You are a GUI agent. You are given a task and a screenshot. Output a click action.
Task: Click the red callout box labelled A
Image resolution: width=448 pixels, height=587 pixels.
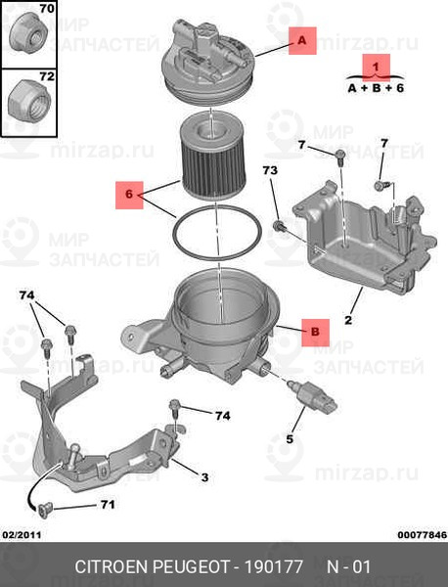pos(302,41)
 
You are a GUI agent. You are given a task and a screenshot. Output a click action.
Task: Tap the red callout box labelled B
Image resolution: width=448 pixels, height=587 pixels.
pos(316,333)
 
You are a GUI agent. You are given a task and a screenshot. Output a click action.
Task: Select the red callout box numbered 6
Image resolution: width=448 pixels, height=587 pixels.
pos(129,195)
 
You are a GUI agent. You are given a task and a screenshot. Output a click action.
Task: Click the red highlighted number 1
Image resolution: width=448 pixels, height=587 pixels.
pos(377,68)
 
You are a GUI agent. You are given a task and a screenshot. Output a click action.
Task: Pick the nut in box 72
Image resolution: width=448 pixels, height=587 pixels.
pos(29,101)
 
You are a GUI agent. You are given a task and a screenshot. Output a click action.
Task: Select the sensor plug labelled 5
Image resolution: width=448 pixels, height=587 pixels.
pos(314,394)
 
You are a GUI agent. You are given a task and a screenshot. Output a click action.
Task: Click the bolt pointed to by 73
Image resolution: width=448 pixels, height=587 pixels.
pos(280,226)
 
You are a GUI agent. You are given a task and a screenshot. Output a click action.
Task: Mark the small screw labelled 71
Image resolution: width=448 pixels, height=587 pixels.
pos(43,510)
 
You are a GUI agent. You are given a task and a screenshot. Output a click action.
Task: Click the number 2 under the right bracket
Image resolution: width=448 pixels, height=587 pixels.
pos(348,320)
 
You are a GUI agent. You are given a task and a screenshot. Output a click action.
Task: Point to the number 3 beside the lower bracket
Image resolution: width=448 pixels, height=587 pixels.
pos(204,477)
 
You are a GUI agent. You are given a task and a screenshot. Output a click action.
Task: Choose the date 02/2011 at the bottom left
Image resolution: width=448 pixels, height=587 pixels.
pos(22,535)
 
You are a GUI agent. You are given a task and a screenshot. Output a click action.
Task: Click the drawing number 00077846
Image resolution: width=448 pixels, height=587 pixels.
pos(423,535)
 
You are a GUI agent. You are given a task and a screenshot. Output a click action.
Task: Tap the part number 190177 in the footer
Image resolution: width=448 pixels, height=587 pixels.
pos(274,566)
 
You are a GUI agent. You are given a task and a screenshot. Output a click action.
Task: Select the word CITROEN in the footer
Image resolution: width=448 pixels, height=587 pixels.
pos(112,566)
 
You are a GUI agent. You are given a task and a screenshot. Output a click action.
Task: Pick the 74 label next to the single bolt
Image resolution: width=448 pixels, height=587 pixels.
pos(223,416)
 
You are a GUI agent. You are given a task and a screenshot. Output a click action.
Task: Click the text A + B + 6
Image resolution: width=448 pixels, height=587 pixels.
pos(376,88)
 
